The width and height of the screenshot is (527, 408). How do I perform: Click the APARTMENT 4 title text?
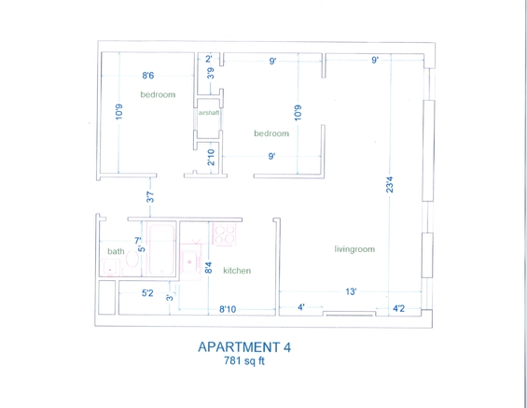(x=244, y=346)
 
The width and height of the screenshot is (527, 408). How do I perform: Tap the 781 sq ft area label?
(x=244, y=361)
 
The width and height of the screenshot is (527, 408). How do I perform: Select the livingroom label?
(x=354, y=249)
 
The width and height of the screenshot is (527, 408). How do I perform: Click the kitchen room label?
(x=237, y=271)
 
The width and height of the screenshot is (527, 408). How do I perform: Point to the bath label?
(x=116, y=251)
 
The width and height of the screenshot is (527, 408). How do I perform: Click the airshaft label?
(x=209, y=113)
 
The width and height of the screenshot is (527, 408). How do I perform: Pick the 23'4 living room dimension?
(x=389, y=185)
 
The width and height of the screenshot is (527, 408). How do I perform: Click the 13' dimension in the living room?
(x=351, y=291)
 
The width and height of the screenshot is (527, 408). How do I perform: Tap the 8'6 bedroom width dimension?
(x=148, y=76)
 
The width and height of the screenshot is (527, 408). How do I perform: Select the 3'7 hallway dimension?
(x=150, y=197)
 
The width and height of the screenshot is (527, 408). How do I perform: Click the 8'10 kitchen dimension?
(x=228, y=309)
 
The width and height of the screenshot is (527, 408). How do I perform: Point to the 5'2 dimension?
(x=147, y=293)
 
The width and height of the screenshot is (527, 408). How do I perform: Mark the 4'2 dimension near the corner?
(x=398, y=308)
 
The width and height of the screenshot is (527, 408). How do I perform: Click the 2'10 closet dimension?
(x=211, y=158)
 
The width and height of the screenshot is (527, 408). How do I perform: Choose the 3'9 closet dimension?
(x=211, y=73)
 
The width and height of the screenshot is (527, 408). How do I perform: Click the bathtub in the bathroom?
(x=161, y=249)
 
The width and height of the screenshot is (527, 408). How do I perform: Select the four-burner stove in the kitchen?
(x=225, y=234)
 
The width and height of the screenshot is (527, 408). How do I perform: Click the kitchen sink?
(x=190, y=262)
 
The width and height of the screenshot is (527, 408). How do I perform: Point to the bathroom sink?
(x=109, y=268)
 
